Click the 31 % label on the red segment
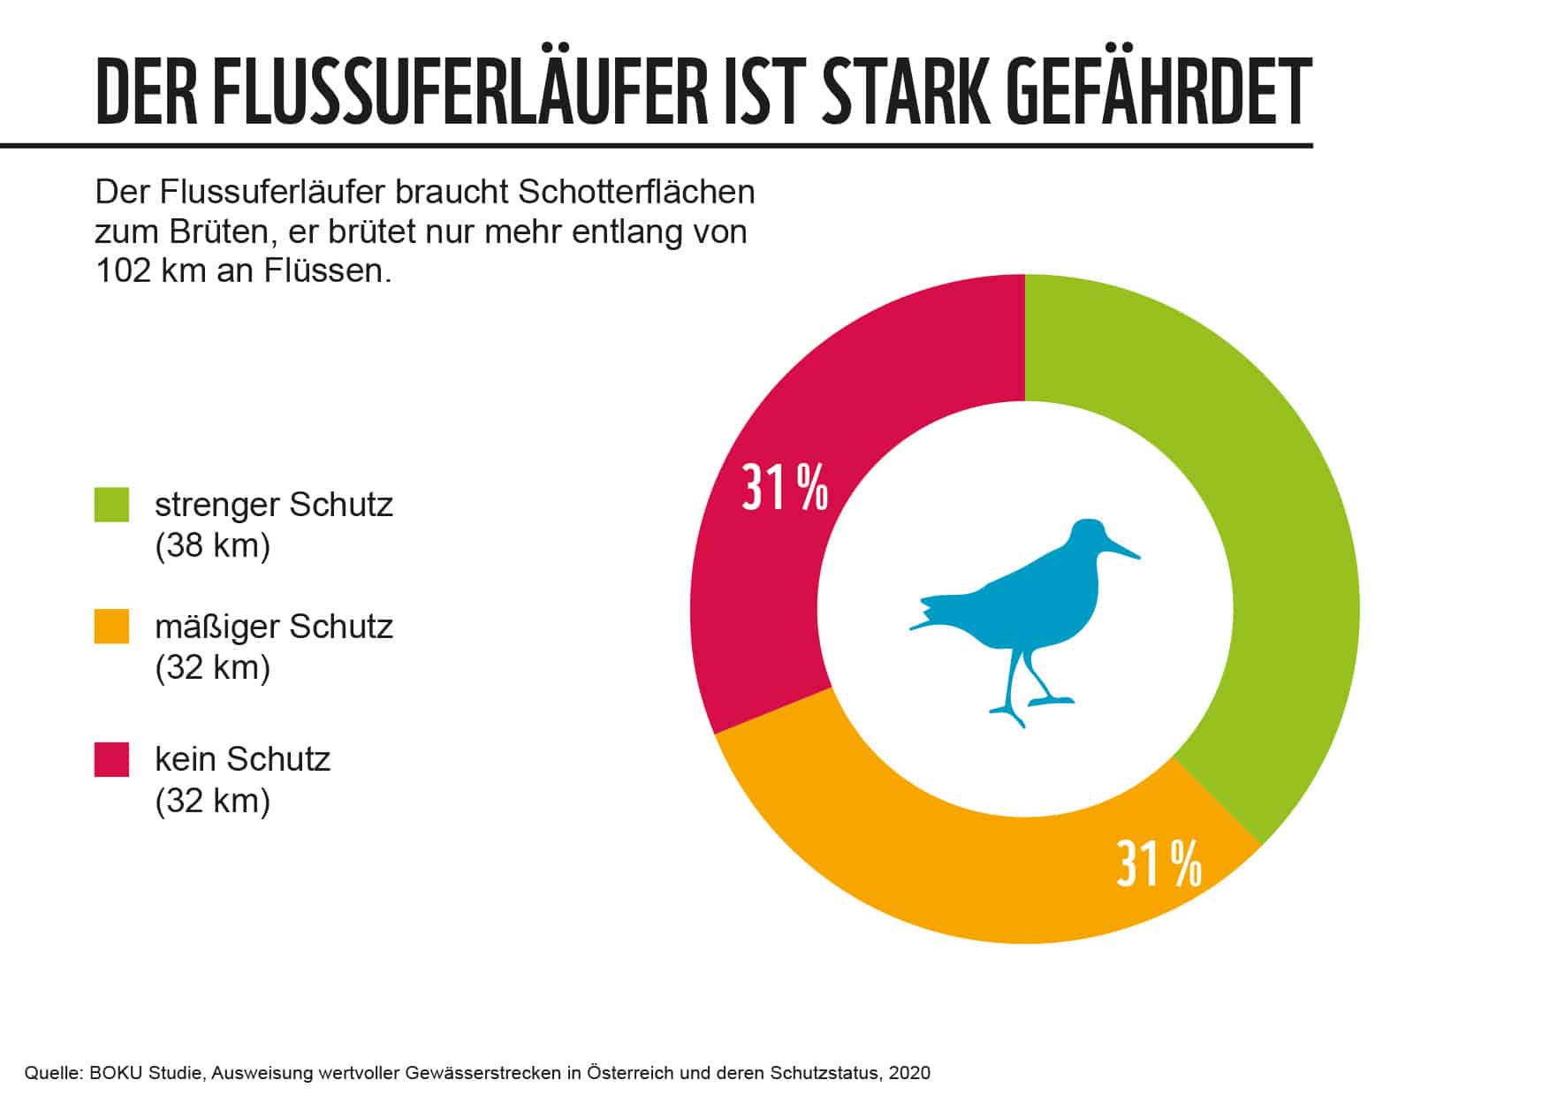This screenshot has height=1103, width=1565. click(785, 488)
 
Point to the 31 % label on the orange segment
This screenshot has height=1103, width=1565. click(1159, 863)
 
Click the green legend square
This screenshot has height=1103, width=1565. click(112, 505)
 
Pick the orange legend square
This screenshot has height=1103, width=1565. click(112, 626)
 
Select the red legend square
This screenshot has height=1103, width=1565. click(112, 759)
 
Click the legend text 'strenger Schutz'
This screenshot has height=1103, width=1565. click(273, 506)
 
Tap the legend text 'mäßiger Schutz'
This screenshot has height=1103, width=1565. click(273, 627)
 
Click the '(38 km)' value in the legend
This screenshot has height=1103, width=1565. click(212, 546)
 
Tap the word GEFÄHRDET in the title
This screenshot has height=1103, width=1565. click(1159, 93)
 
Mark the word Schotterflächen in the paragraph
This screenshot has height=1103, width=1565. click(637, 192)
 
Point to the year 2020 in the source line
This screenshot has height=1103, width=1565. click(909, 1073)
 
